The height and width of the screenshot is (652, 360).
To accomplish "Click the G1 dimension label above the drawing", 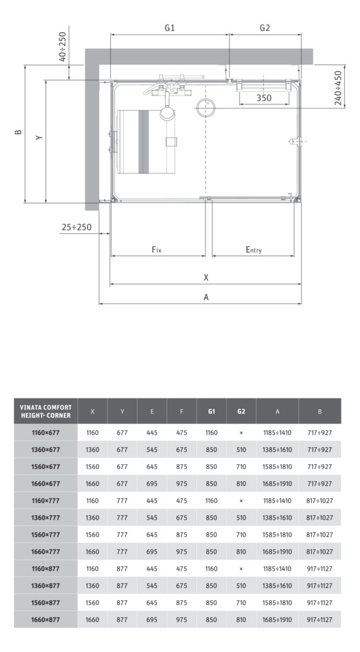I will (x=169, y=28).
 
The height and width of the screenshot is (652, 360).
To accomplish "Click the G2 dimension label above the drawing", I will (x=264, y=28).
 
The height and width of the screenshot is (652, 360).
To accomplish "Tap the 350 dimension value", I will (x=264, y=98).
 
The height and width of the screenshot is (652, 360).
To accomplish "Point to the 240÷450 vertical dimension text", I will (x=338, y=88).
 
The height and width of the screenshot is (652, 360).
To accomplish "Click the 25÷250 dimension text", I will (x=76, y=227).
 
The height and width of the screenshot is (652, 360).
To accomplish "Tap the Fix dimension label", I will (x=157, y=250).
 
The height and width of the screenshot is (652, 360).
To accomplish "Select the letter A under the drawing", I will (x=206, y=298).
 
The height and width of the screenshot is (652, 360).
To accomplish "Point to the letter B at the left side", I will (x=18, y=132).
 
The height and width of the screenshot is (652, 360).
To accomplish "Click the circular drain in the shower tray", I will (x=206, y=108).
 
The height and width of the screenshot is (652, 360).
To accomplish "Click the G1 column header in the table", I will (x=211, y=411).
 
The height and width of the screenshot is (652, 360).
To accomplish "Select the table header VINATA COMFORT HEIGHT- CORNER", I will (x=45, y=411).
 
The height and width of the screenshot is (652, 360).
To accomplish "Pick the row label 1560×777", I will (x=45, y=534).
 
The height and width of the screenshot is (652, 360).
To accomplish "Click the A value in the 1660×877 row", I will (x=277, y=619).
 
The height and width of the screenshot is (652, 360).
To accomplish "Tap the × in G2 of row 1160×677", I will (x=241, y=433).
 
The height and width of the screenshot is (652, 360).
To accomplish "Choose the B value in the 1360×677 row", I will (x=320, y=450).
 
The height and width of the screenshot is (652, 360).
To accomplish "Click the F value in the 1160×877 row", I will (x=182, y=568).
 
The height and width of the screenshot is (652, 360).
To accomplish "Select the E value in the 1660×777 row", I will (x=152, y=551).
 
